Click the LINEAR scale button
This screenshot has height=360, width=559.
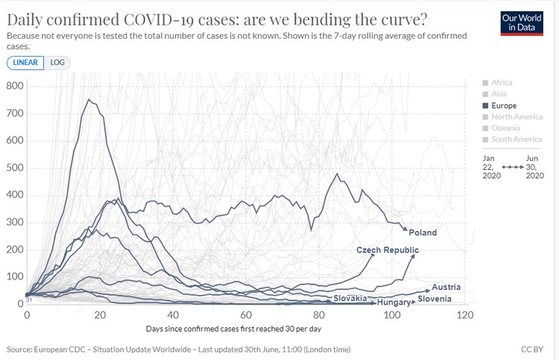click(x=27, y=63)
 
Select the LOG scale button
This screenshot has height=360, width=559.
click(x=57, y=63)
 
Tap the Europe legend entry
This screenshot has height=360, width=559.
click(x=505, y=106)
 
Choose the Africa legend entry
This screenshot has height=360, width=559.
click(x=502, y=82)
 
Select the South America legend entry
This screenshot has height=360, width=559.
click(x=516, y=139)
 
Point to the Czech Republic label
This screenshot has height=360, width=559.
click(x=388, y=250)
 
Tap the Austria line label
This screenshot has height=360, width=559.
click(x=446, y=287)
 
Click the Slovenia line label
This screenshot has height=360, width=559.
click(x=435, y=299)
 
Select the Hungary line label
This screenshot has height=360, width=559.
click(x=394, y=303)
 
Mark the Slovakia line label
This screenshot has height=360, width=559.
click(x=350, y=298)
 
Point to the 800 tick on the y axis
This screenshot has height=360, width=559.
click(x=16, y=86)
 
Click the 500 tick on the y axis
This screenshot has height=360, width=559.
click(x=16, y=168)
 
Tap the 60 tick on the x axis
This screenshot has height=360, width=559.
click(x=246, y=315)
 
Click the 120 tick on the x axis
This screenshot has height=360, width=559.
click(x=465, y=315)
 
